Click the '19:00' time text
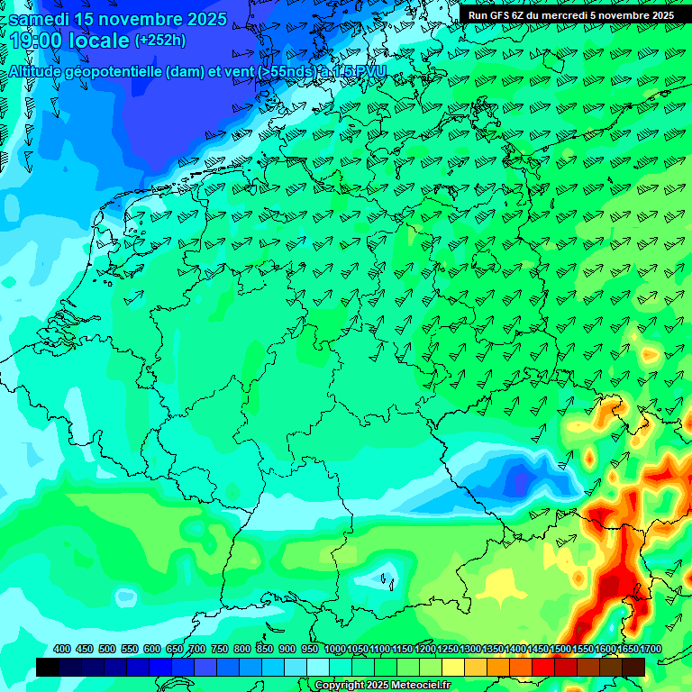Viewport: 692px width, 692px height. (36, 41)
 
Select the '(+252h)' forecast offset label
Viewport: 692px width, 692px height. (160, 40)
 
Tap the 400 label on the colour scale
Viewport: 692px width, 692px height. (62, 649)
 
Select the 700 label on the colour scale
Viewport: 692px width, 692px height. (197, 649)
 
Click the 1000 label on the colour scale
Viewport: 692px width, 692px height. (334, 649)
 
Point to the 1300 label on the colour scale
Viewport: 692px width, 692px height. (470, 649)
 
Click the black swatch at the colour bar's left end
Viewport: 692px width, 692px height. (48, 667)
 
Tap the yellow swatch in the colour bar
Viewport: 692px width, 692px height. (452, 667)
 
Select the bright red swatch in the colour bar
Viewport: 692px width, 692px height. (542, 667)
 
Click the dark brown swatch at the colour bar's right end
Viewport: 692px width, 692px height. (633, 667)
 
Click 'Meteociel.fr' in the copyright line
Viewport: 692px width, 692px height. (418, 686)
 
